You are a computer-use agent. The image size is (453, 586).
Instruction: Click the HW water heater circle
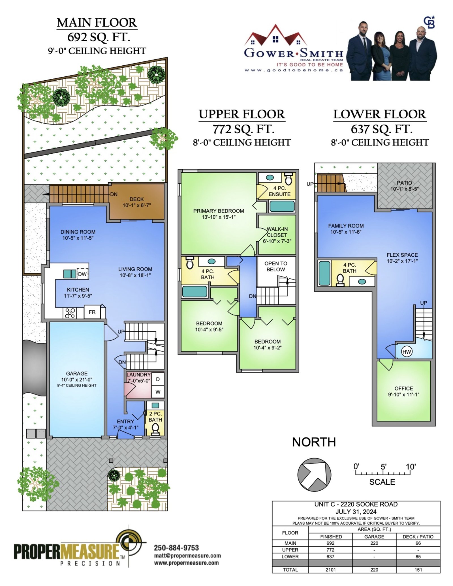click(x=407, y=352)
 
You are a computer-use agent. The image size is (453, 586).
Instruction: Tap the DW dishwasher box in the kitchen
click(x=82, y=274)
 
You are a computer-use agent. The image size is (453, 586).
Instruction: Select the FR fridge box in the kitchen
click(x=92, y=312)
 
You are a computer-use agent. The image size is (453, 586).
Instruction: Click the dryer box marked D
click(x=158, y=379)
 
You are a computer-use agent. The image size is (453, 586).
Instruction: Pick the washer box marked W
click(x=158, y=392)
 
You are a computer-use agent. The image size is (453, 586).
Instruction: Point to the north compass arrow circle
click(x=314, y=475)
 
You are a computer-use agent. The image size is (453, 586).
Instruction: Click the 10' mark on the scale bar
click(x=411, y=467)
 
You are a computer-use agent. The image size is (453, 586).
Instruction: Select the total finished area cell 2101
click(x=330, y=570)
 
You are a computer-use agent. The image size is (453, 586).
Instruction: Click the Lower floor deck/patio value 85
click(x=418, y=557)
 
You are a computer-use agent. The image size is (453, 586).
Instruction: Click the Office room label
click(x=404, y=388)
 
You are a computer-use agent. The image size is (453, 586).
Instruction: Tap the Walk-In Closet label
click(x=277, y=232)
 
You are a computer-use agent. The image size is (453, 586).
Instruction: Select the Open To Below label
click(x=276, y=266)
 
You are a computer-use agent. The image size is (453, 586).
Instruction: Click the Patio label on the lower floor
click(x=404, y=183)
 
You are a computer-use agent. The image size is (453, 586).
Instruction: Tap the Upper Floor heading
click(x=242, y=114)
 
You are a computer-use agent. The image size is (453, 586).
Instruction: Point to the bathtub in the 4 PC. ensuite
click(x=282, y=206)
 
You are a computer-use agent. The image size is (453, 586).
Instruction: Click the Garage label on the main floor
click(x=77, y=374)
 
